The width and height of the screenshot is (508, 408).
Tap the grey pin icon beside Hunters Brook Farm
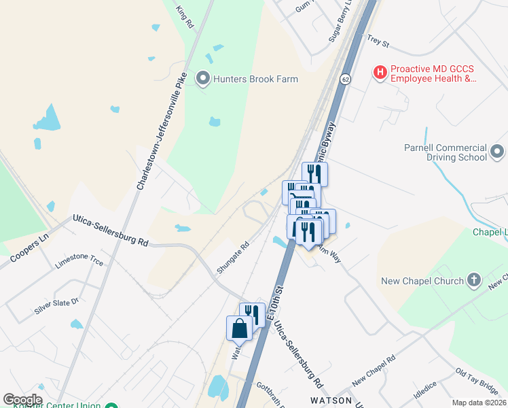(202, 79)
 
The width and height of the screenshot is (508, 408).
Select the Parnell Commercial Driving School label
(445, 152)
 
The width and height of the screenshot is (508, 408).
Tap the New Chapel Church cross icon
(474, 280)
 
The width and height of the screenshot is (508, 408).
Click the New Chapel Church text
(431, 280)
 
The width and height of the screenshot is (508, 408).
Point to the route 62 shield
(346, 80)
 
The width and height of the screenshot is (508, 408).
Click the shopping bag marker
(240, 329)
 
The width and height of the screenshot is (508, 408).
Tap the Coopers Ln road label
(26, 248)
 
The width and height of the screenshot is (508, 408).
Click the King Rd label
(185, 16)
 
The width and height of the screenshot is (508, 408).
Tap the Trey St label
(377, 43)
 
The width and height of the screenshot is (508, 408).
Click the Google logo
(22, 400)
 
